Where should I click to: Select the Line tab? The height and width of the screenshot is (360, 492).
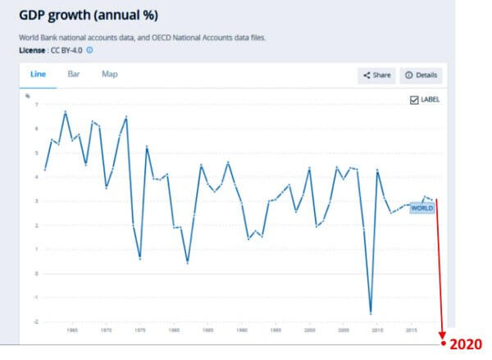(x=38, y=74)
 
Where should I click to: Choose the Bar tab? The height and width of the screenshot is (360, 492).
(x=74, y=74)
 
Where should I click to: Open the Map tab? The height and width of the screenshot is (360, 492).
(x=110, y=74)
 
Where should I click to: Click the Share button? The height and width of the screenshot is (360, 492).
(x=376, y=75)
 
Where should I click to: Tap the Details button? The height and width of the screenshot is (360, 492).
(x=421, y=75)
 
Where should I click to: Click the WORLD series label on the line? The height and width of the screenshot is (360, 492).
(x=421, y=208)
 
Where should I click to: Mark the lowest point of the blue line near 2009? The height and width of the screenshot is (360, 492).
(x=370, y=313)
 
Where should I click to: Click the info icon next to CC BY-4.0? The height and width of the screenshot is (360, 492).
(x=89, y=50)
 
